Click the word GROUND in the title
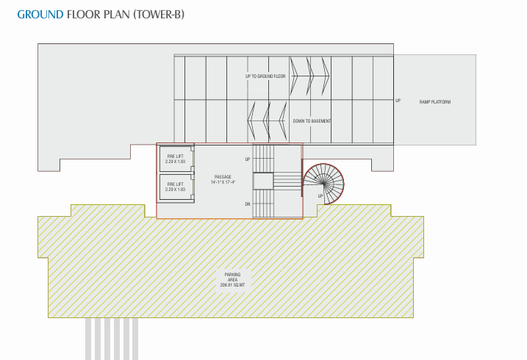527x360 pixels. (x=40, y=14)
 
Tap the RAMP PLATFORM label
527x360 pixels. (x=435, y=101)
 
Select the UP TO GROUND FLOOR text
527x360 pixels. (x=265, y=76)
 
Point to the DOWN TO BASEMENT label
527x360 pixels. (x=312, y=120)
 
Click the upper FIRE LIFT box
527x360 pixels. (x=176, y=158)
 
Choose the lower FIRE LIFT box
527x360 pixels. (x=176, y=187)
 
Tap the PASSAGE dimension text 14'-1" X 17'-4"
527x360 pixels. (x=223, y=181)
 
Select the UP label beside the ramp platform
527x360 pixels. (x=398, y=101)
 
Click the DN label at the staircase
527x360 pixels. (x=248, y=204)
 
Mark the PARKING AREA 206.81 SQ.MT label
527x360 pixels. (x=232, y=279)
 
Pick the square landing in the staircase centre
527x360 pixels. (x=263, y=181)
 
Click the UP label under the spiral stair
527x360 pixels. (x=320, y=196)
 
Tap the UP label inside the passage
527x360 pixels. (x=248, y=159)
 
